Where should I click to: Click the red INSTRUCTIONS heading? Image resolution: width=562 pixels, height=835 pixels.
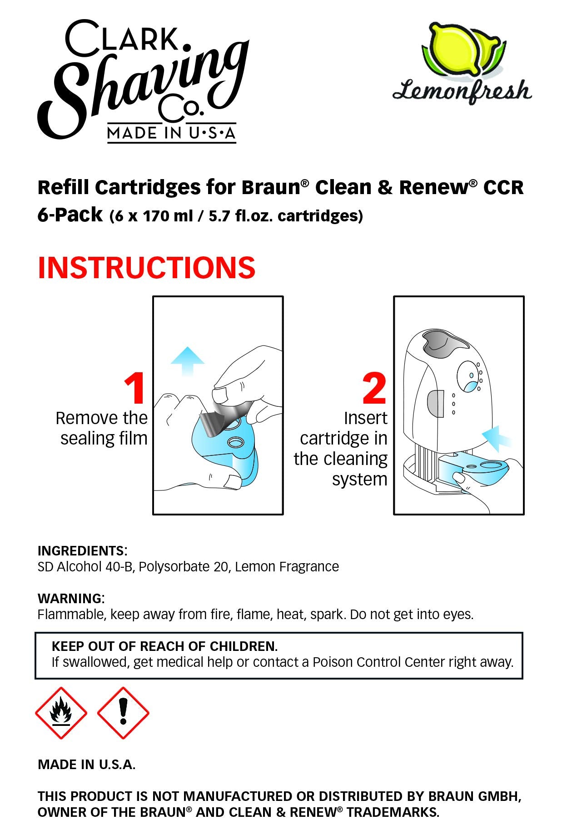tap(146, 267)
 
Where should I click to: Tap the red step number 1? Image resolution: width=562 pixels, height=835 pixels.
tap(135, 388)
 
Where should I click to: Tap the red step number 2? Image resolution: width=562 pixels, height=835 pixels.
tap(374, 388)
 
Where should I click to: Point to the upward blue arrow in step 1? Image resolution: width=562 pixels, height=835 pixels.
tap(187, 361)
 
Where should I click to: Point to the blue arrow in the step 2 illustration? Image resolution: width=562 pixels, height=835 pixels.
tap(496, 439)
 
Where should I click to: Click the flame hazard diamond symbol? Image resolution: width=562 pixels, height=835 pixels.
tap(61, 712)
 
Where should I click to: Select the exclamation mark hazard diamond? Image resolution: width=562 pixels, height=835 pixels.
tap(123, 712)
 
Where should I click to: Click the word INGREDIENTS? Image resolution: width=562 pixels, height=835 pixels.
tap(81, 551)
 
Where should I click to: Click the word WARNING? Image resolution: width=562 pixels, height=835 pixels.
tap(70, 598)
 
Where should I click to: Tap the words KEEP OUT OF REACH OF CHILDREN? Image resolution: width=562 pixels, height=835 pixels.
tap(164, 646)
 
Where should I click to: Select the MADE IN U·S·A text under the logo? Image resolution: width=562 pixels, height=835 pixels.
tap(172, 133)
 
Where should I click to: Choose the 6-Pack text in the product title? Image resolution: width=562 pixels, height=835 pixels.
tap(70, 215)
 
